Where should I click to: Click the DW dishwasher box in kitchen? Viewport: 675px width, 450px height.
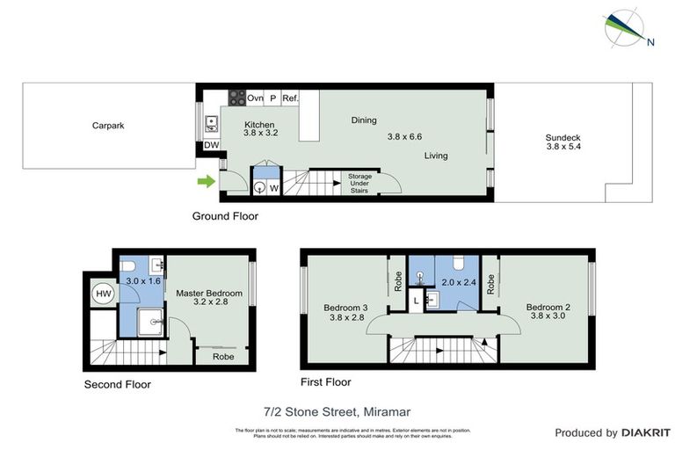(x=211, y=146)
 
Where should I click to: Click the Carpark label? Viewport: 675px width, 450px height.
(x=108, y=126)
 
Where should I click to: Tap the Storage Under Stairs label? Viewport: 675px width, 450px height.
(x=359, y=183)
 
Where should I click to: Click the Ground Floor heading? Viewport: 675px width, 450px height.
(x=225, y=215)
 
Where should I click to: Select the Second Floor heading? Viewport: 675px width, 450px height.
(x=117, y=384)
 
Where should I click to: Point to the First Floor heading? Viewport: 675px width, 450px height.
(x=325, y=381)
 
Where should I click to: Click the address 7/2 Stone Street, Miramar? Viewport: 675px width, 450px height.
(x=337, y=411)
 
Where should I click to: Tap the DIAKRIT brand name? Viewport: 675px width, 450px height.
(x=645, y=432)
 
